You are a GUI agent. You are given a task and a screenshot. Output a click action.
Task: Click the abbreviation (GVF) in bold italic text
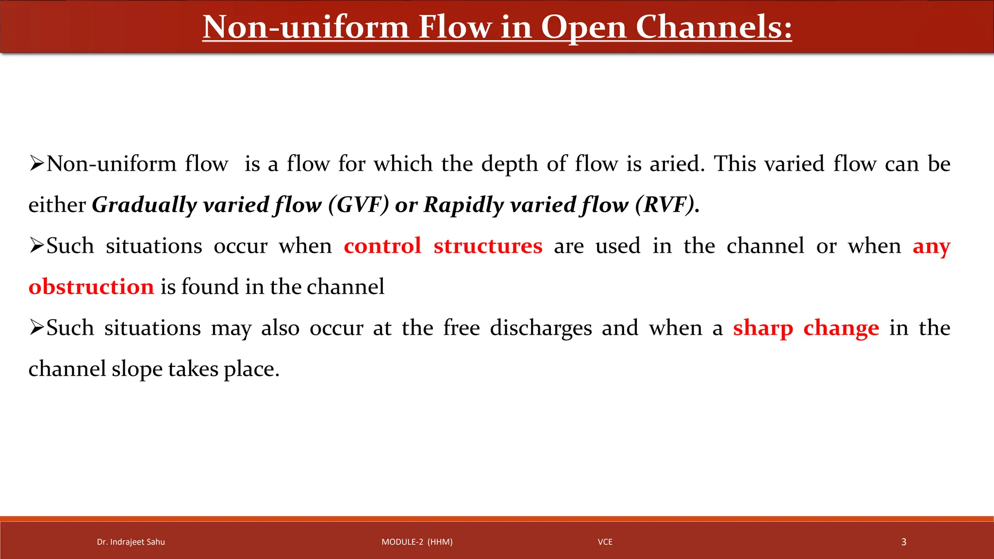358,205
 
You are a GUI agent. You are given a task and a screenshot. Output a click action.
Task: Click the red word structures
488,246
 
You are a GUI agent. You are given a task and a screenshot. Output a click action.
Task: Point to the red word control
382,246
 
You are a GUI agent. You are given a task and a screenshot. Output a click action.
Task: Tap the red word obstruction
91,287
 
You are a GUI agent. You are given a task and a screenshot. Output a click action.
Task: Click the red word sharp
762,329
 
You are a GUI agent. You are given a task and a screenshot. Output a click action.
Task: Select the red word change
841,329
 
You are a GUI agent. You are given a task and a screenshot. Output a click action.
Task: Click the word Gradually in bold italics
144,205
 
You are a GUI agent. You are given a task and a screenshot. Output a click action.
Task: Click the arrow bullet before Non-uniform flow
36,164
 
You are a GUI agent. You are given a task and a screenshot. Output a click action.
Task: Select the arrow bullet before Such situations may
36,328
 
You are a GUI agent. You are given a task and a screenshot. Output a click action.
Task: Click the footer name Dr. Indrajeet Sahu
131,542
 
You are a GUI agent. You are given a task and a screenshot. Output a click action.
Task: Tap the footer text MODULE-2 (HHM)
417,542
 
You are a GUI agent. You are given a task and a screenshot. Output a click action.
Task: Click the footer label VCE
605,542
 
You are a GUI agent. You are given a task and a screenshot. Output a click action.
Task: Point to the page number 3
903,542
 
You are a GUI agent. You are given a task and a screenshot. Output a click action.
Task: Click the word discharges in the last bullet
541,329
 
